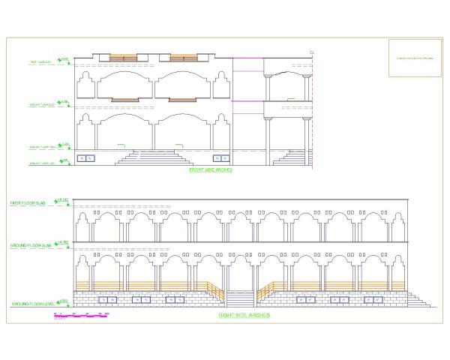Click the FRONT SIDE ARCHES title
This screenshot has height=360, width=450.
point(211,170)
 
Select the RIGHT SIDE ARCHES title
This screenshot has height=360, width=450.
point(244,315)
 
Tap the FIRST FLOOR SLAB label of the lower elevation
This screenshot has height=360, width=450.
point(29,203)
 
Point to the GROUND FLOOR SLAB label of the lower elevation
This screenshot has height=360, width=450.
point(30,245)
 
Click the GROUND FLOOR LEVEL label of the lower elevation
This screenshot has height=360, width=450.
point(30,304)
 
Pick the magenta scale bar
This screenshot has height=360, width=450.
point(82,316)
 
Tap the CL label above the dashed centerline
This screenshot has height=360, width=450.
point(311,52)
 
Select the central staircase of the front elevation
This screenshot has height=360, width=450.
point(155,157)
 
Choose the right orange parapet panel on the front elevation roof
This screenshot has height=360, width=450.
point(184,56)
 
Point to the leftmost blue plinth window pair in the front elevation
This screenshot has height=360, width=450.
point(87,157)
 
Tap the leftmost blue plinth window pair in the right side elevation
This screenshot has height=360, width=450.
point(108,299)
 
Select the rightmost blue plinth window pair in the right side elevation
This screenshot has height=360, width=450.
point(373,299)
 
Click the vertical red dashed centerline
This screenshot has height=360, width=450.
point(311,112)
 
